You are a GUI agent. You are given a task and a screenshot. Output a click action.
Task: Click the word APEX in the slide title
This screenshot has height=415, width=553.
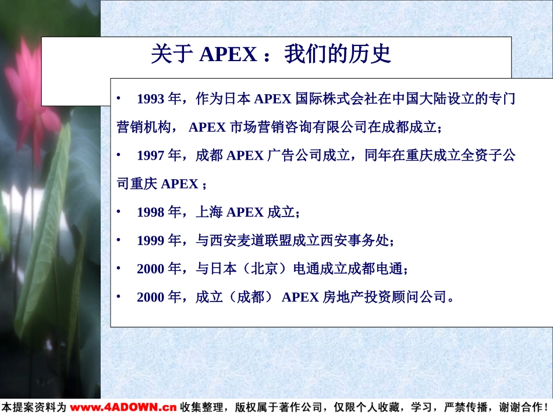click(228, 54)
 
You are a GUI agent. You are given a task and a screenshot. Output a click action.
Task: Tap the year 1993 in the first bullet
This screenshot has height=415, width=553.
click(151, 99)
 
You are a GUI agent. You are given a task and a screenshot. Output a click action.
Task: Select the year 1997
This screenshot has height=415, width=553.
click(151, 155)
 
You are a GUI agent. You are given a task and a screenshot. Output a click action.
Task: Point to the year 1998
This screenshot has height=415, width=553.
click(151, 212)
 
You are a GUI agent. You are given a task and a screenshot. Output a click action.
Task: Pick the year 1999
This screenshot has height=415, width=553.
click(151, 241)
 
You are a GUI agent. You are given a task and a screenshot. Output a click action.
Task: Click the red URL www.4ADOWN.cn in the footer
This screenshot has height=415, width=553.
click(123, 407)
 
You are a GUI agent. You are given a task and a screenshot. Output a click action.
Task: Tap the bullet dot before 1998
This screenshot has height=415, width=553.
click(119, 212)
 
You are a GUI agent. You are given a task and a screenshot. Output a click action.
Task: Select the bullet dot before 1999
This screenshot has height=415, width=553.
click(119, 240)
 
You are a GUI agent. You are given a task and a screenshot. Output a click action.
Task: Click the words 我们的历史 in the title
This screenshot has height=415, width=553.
click(338, 54)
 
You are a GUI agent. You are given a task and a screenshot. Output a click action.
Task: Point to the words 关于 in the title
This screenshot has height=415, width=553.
click(172, 54)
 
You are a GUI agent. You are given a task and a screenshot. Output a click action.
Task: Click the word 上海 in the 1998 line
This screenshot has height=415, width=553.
click(210, 212)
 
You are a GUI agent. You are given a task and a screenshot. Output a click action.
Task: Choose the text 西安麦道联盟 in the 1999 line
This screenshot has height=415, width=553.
click(251, 240)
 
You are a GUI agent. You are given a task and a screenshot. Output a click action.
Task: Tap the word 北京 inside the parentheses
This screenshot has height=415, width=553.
click(264, 269)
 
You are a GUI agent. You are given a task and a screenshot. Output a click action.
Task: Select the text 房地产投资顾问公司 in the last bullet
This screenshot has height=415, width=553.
click(384, 297)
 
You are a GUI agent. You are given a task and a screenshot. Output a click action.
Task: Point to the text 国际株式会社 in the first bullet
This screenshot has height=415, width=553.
click(336, 99)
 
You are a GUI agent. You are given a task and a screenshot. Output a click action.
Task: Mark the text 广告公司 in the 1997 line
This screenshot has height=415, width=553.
click(294, 155)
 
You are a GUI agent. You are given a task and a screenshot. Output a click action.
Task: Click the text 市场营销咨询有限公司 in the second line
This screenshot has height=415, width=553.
click(299, 127)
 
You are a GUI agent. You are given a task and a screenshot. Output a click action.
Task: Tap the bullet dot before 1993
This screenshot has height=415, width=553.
click(119, 99)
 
